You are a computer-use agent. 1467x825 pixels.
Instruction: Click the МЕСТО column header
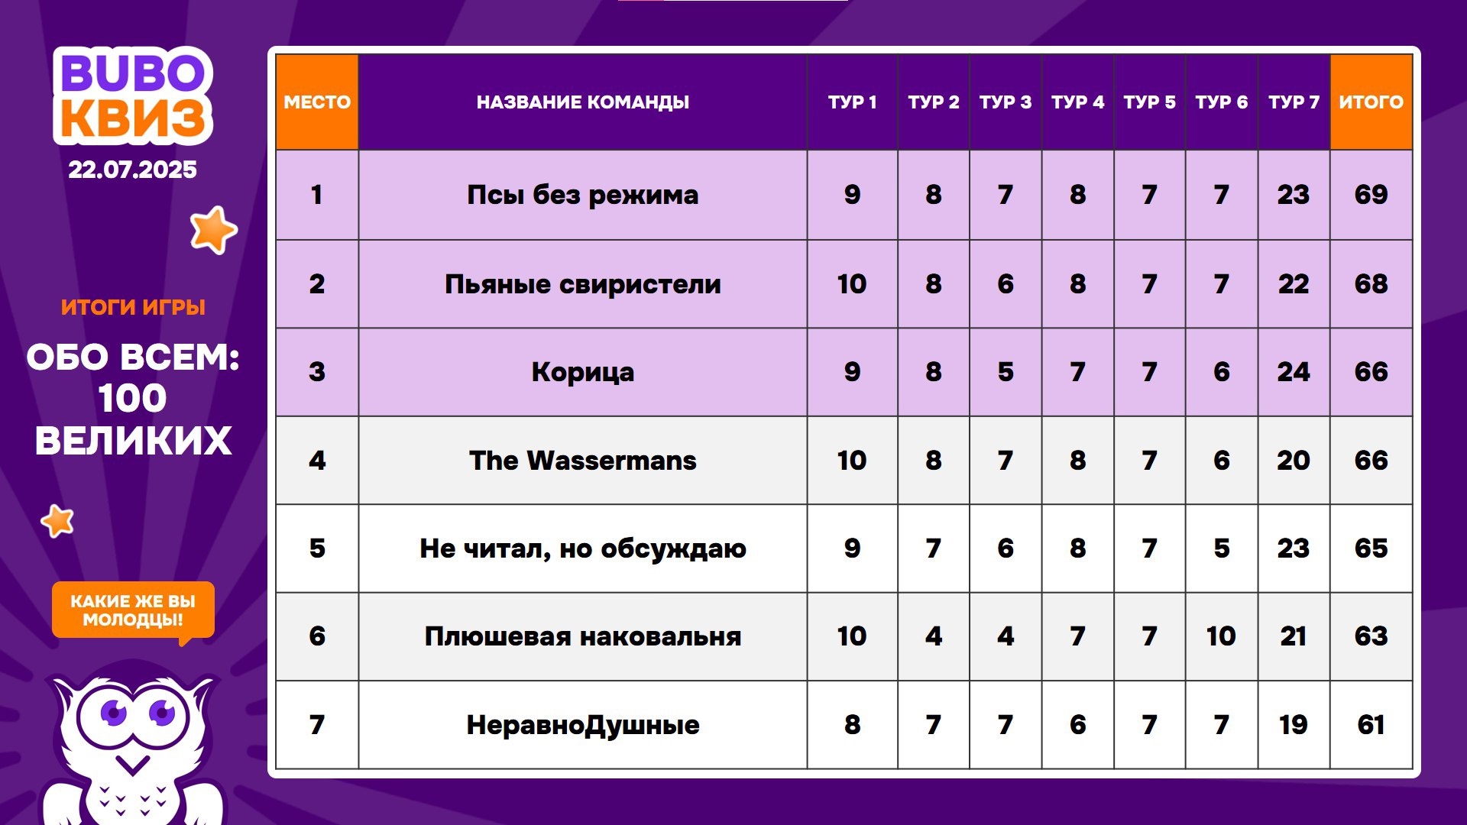click(317, 102)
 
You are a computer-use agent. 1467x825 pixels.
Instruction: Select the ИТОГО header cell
click(1371, 102)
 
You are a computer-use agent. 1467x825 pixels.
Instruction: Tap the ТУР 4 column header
click(1077, 102)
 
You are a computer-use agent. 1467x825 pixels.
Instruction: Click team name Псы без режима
click(582, 195)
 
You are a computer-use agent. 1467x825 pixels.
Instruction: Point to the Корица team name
click(582, 372)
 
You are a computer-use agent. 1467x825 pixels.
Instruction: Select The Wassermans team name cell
click(582, 460)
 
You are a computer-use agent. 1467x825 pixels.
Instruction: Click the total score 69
click(1371, 195)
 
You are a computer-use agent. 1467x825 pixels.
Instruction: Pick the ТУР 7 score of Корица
click(1293, 372)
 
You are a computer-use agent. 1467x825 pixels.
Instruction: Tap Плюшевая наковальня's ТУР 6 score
click(1221, 636)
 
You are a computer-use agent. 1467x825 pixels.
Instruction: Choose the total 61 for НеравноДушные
click(1371, 724)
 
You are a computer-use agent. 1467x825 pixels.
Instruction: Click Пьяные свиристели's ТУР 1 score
click(852, 284)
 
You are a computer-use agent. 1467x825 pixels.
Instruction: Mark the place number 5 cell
click(317, 548)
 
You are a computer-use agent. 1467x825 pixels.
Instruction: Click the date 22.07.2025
click(132, 170)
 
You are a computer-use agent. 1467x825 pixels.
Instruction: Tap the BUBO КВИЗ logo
click(133, 95)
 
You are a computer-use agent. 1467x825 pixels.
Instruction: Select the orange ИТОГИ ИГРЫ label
click(133, 307)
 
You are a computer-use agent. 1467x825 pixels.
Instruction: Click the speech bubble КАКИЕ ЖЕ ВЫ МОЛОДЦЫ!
click(133, 610)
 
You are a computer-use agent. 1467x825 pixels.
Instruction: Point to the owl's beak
click(133, 765)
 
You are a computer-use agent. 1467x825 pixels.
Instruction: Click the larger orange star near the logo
click(213, 229)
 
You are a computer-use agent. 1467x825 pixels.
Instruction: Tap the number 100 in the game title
click(132, 398)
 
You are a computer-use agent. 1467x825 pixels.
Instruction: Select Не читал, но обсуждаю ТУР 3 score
click(1005, 548)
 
